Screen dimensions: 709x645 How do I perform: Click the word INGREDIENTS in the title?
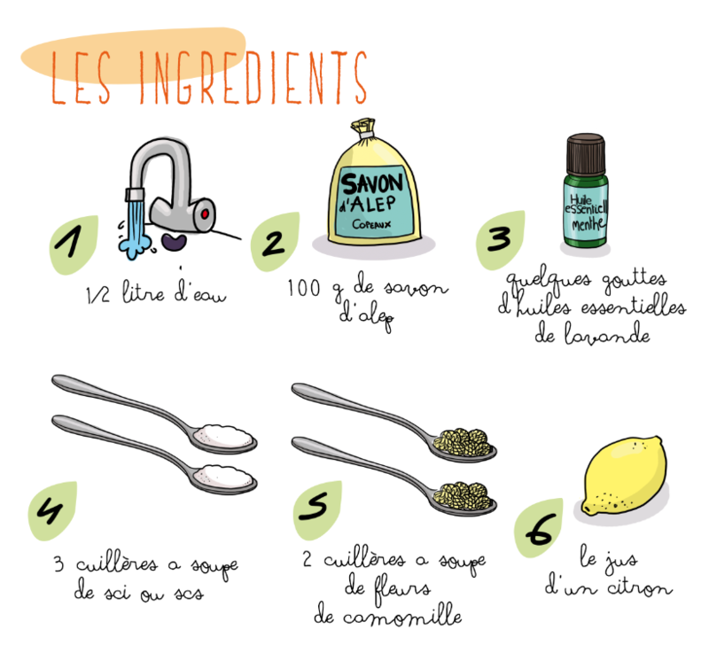(253, 77)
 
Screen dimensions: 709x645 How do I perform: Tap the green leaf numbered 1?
(73, 245)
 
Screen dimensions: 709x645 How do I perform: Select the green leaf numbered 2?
(275, 242)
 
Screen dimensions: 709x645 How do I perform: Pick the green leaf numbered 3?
(500, 240)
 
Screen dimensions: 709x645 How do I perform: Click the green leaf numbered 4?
(52, 510)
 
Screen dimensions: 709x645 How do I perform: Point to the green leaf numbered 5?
(317, 509)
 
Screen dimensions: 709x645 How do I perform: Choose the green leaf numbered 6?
(539, 528)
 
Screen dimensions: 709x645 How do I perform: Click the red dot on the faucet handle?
(205, 214)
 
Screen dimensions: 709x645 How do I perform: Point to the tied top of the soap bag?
(362, 128)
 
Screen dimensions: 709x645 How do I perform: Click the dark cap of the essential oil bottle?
(586, 153)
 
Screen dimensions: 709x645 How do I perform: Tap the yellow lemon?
(625, 476)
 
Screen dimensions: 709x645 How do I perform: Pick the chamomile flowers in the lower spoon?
(462, 496)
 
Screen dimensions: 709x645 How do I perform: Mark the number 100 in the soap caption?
(304, 288)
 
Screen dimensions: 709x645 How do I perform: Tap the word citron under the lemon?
(639, 587)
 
